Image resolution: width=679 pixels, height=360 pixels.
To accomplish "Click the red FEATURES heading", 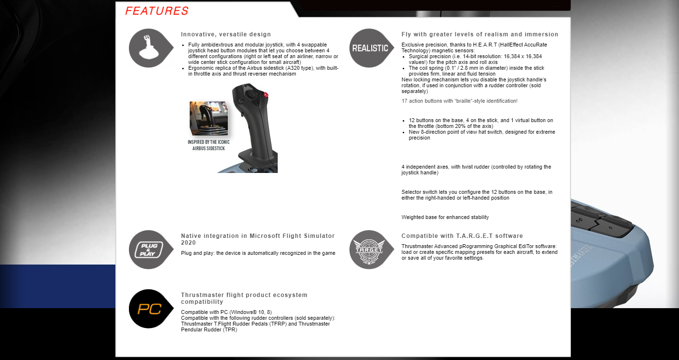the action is tap(157, 11).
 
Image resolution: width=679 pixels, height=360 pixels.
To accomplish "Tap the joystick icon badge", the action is tap(151, 48).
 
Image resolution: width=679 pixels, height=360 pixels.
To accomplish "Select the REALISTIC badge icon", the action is tap(371, 48).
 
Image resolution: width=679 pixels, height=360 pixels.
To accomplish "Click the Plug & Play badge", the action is tap(151, 250).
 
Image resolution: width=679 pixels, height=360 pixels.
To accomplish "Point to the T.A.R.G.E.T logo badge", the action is tap(371, 250).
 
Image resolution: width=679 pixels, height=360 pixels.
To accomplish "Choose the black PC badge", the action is tap(151, 309).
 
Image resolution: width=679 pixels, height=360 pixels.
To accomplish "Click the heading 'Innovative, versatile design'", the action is tap(226, 34).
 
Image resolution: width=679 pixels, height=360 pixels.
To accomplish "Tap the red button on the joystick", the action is tap(266, 95).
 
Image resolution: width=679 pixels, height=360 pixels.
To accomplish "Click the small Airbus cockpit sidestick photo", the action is tap(208, 119).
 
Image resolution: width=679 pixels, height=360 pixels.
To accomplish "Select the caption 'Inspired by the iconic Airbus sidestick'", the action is tap(208, 145).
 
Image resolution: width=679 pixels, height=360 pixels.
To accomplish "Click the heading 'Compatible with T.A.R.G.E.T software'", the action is tap(462, 236).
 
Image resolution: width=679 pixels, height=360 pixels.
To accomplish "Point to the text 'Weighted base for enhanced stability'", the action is tap(445, 217).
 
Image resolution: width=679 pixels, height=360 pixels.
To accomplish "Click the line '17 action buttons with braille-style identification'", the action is tap(459, 101).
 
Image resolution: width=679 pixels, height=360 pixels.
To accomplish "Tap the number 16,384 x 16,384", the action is tap(522, 56).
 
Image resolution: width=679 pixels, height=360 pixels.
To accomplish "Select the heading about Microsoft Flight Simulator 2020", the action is tap(258, 239).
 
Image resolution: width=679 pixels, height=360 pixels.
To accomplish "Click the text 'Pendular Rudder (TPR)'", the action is tap(209, 329).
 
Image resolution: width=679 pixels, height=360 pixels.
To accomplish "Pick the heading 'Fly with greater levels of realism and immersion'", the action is tap(480, 34).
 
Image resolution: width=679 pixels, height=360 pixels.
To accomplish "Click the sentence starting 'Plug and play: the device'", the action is tap(258, 253).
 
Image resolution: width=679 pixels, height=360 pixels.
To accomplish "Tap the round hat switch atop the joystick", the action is tap(251, 94).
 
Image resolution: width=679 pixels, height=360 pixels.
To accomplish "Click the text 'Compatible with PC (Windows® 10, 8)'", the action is tap(226, 312).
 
